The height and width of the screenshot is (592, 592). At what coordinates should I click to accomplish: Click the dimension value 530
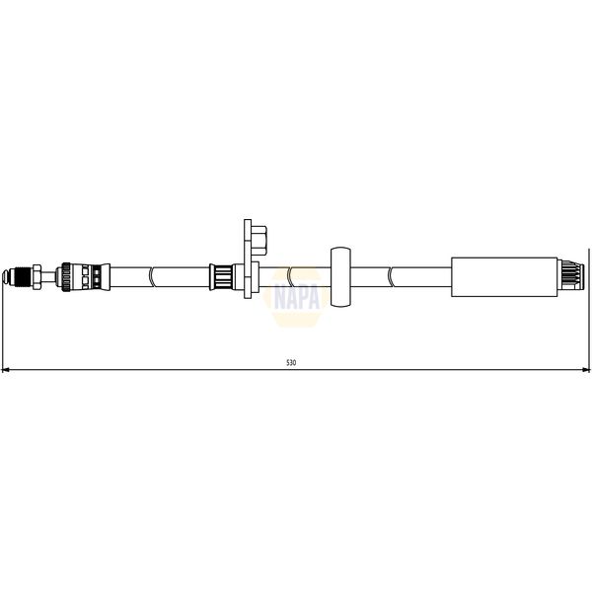coord(290,363)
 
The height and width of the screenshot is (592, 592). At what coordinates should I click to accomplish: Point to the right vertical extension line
coord(589,316)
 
